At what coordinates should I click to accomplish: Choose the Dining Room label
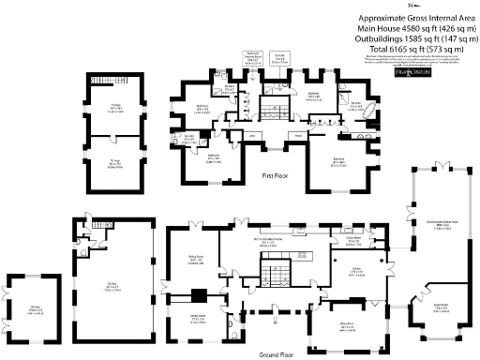click(198, 260)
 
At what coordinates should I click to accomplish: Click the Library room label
click(358, 272)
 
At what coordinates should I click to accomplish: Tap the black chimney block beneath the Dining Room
click(199, 295)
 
